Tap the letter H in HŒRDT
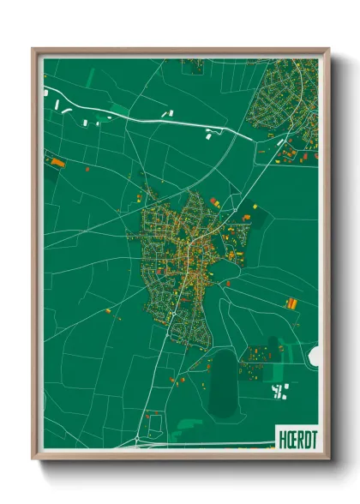point(279,435)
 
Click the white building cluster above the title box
point(279,392)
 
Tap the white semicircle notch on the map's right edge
point(314,355)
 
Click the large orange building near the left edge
point(57,160)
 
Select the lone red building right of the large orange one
point(87,169)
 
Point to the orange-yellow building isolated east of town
point(292,303)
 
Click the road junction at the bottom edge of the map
point(137,444)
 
